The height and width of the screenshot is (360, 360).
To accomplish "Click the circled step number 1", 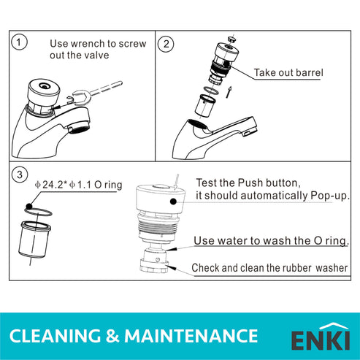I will coord(19,42).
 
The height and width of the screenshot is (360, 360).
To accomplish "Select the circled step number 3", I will coord(20,175).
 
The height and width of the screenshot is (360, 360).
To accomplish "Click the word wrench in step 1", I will coord(85,44).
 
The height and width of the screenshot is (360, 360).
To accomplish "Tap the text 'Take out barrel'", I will coord(288,73).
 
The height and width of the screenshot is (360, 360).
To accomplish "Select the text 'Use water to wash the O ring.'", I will coord(271,241).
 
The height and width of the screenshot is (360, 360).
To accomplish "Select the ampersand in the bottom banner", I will coord(114,336).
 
